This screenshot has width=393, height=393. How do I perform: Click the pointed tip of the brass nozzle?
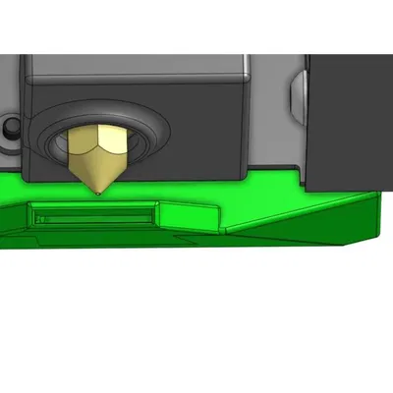click(100, 192)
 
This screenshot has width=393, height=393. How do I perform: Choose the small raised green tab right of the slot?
click(187, 210)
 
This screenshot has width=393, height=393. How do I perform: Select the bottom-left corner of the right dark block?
click(310, 187)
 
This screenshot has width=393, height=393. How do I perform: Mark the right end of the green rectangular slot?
click(151, 213)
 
